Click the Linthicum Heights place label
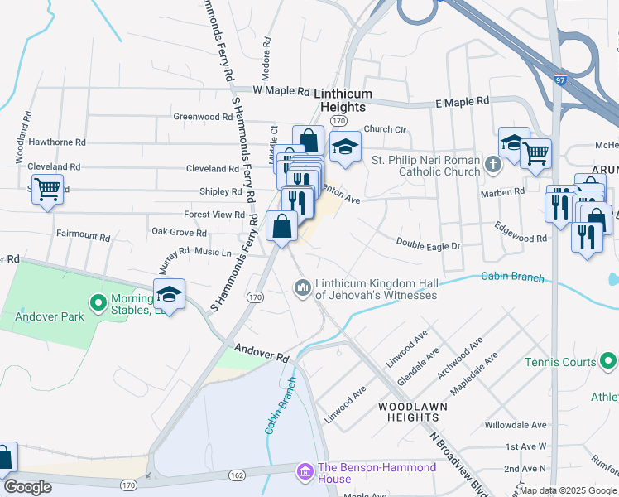[x=343, y=101]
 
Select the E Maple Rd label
[x=462, y=101]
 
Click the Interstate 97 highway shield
[x=561, y=80]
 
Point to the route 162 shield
[x=237, y=475]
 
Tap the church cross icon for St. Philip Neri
[x=493, y=163]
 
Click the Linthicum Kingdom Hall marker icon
[x=301, y=287]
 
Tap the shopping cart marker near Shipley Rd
[x=48, y=190]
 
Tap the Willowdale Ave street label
[x=516, y=425]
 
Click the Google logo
[x=27, y=486]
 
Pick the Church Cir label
[x=385, y=129]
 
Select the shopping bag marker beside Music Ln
[x=282, y=225]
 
